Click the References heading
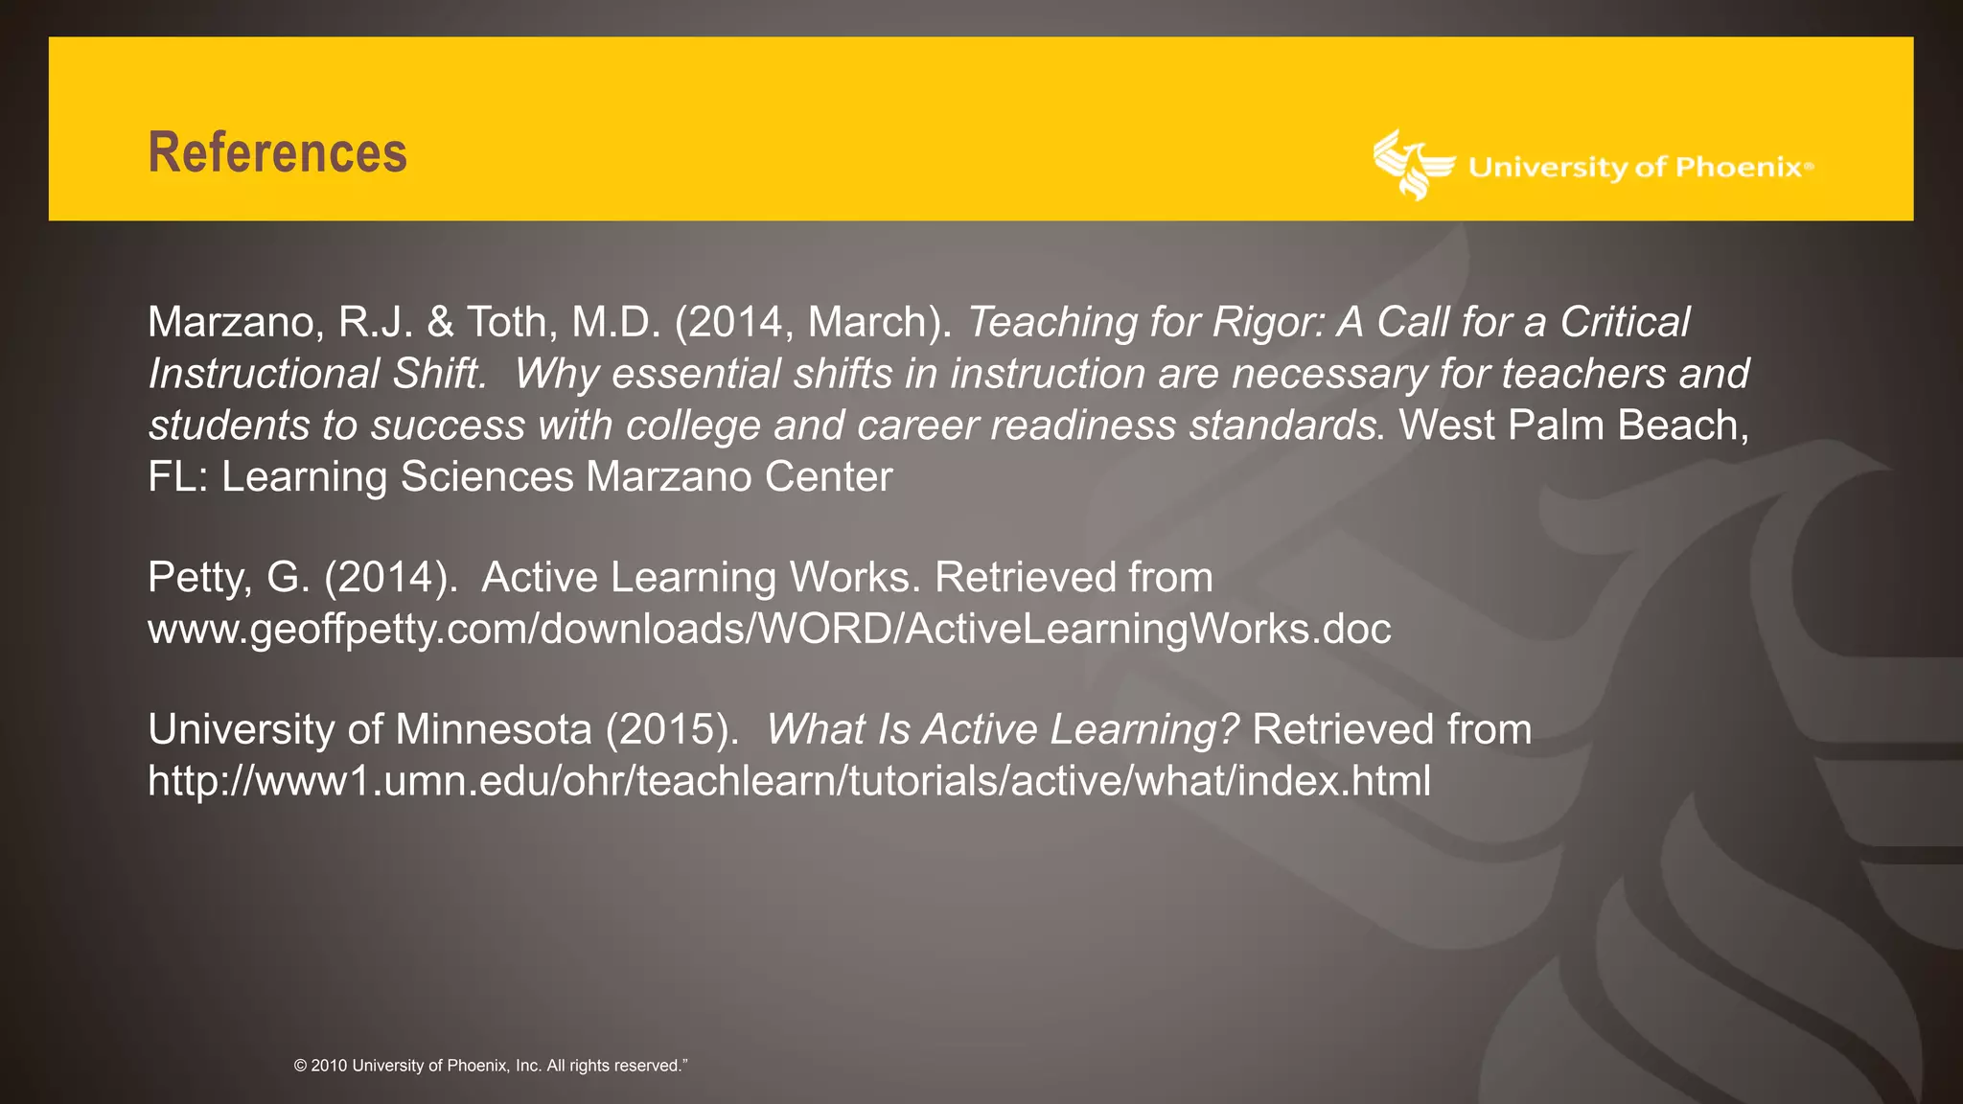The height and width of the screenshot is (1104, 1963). pyautogui.click(x=277, y=153)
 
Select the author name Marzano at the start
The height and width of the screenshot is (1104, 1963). pyautogui.click(x=230, y=323)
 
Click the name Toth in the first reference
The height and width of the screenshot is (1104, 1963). pyautogui.click(x=505, y=323)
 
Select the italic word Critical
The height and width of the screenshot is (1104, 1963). pyautogui.click(x=1625, y=323)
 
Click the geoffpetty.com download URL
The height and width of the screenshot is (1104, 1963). pyautogui.click(x=769, y=630)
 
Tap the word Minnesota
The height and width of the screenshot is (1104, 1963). pyautogui.click(x=493, y=730)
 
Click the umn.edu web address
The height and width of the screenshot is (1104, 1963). pyautogui.click(x=789, y=782)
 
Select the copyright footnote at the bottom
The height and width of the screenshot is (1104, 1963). pyautogui.click(x=491, y=1066)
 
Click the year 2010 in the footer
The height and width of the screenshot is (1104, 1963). pyautogui.click(x=329, y=1066)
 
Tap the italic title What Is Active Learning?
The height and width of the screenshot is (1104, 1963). pyautogui.click(x=1003, y=730)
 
